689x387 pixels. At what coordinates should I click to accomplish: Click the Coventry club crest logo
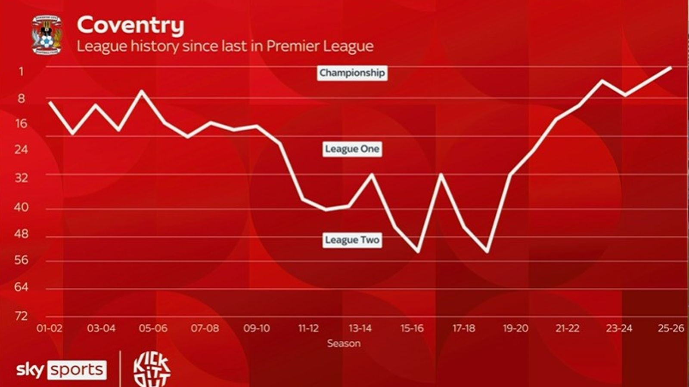(47, 35)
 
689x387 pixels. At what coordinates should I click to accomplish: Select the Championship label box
(352, 73)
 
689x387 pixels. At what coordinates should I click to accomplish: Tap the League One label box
(352, 149)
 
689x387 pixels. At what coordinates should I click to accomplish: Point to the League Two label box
(352, 240)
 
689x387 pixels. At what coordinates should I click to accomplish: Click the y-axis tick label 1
(21, 71)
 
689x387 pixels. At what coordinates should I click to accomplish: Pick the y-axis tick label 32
(21, 178)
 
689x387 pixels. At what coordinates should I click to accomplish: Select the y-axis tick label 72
(21, 316)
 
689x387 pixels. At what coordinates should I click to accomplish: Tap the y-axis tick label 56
(21, 260)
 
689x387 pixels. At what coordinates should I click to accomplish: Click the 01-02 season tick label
(50, 329)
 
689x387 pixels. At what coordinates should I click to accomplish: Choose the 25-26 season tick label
(671, 329)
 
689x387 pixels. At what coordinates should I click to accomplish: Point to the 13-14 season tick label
(360, 329)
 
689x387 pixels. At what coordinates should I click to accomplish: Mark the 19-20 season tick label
(515, 329)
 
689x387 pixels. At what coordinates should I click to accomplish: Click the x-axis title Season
(344, 344)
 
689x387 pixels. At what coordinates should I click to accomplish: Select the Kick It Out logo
(152, 369)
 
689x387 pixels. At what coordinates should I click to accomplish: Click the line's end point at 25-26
(671, 68)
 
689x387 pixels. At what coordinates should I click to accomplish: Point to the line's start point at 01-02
(50, 102)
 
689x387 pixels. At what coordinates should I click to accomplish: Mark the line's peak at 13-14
(372, 175)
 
